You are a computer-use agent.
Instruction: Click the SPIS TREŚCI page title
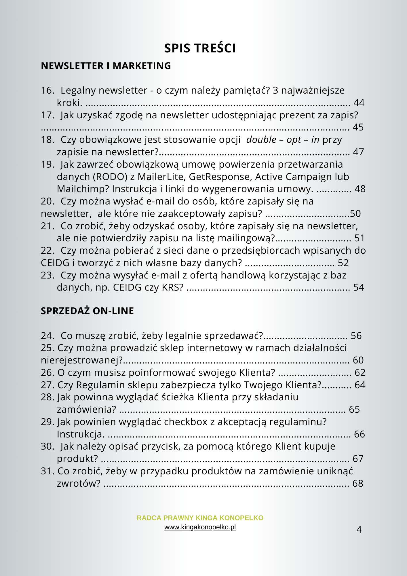point(200,48)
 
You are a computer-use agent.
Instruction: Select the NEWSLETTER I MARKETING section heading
point(106,66)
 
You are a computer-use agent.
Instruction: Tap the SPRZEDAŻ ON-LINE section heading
point(87,311)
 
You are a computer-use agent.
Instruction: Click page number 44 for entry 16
point(359,103)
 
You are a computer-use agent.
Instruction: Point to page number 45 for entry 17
point(358,127)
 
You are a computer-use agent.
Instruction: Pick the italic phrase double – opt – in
point(283,140)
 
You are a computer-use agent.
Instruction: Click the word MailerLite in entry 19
point(162,177)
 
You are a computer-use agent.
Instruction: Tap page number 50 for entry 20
point(355,214)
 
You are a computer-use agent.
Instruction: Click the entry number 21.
point(47,226)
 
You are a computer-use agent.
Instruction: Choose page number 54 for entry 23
point(359,287)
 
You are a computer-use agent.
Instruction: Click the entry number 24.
point(47,336)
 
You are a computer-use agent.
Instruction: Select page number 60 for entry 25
point(358,360)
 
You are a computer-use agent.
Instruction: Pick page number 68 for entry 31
point(358,484)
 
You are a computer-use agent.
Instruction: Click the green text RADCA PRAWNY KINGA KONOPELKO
point(200,518)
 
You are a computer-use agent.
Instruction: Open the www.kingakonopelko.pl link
point(200,527)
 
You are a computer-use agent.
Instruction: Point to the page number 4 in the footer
point(359,530)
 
